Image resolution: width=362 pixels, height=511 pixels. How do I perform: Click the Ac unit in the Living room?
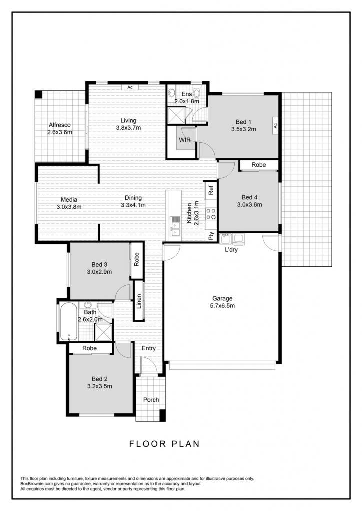(130, 87)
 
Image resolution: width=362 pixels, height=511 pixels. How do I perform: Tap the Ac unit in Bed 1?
(275, 125)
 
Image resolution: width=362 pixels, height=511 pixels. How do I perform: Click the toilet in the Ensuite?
(196, 90)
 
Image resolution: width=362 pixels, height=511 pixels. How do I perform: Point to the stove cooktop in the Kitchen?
(211, 214)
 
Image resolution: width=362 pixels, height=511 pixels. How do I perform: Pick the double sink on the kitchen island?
(175, 226)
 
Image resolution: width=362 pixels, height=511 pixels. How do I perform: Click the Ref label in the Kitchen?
(211, 190)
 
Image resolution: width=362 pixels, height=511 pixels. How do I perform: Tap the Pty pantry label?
(211, 236)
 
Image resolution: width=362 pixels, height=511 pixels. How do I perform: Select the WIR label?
(185, 140)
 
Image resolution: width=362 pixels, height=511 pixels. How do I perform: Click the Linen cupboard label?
(139, 301)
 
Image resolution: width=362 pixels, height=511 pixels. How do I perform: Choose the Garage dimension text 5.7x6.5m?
(222, 306)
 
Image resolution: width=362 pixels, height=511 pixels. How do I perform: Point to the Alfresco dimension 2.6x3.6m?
(60, 132)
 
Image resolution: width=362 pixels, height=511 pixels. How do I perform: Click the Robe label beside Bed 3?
(137, 259)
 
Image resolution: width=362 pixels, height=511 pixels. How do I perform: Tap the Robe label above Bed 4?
(258, 165)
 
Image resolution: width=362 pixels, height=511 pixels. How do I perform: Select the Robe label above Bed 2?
(89, 348)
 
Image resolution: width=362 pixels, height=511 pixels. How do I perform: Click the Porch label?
(151, 400)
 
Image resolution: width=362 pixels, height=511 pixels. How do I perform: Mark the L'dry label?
(231, 250)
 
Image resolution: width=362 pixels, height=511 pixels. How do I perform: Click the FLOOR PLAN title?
(164, 444)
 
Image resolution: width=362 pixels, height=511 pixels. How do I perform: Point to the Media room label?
(69, 200)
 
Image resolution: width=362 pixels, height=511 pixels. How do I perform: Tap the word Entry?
(149, 348)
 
